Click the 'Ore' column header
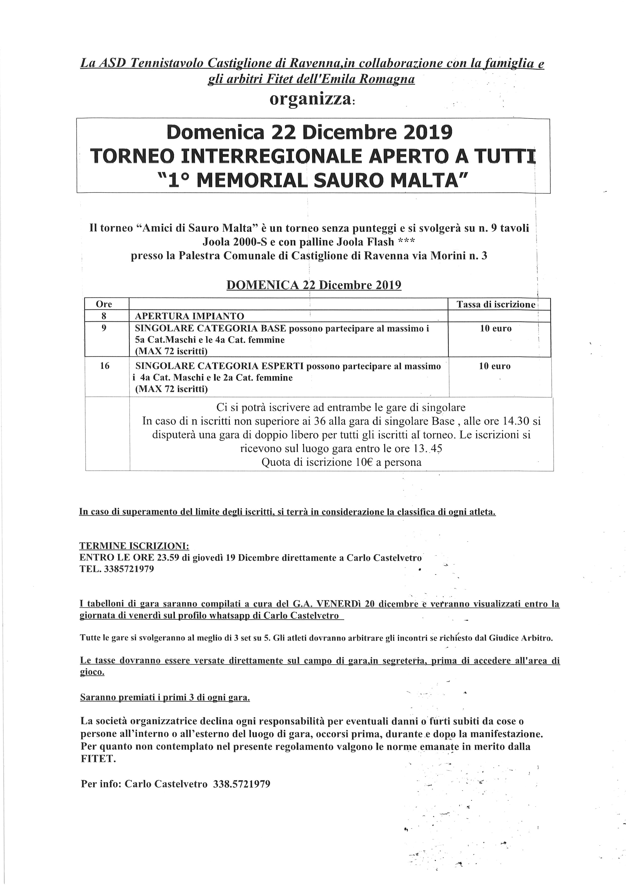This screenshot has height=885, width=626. coord(104,304)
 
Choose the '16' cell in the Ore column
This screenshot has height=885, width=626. coord(105,366)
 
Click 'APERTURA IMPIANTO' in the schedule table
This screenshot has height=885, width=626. coord(189,316)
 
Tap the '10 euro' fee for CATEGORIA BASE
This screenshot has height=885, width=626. coord(496,329)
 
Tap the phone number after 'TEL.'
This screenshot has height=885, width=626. coord(129,569)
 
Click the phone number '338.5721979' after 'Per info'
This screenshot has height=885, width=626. coord(241,784)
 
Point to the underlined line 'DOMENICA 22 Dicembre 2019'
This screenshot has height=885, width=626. coord(314,285)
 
